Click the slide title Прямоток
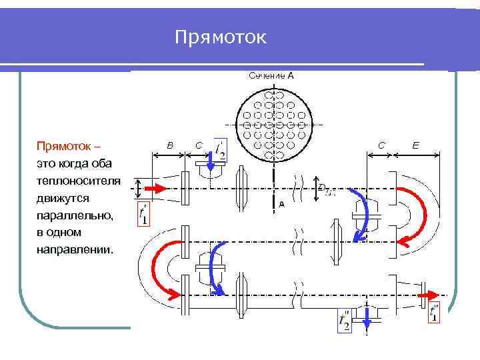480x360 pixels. coord(221,37)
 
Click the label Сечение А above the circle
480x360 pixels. coord(271,76)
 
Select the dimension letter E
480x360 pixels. coord(416,144)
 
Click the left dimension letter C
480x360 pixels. coord(198,145)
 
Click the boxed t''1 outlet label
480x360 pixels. coord(435,312)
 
